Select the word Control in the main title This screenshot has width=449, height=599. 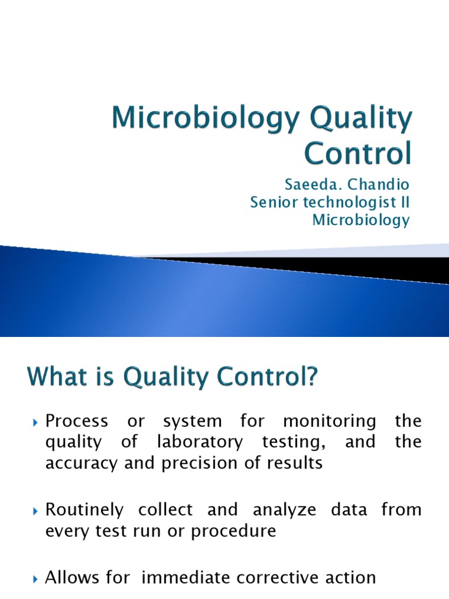(x=357, y=153)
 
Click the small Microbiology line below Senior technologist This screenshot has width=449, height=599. (x=361, y=221)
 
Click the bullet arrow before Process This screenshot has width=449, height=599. (x=36, y=422)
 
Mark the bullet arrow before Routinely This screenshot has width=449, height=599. (x=36, y=511)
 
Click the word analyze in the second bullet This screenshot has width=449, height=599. (x=277, y=510)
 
